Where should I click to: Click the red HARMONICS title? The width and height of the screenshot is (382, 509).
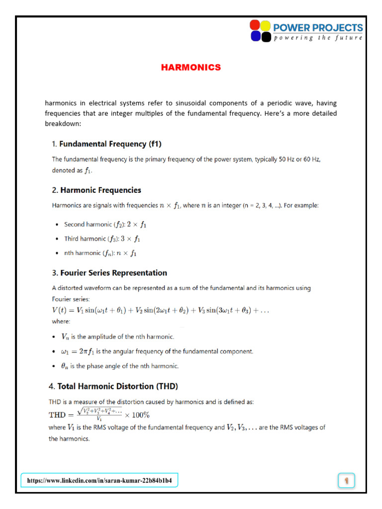pyautogui.click(x=191, y=68)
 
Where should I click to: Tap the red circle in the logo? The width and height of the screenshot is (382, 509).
pyautogui.click(x=255, y=25)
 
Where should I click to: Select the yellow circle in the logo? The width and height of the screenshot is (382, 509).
pyautogui.click(x=266, y=25)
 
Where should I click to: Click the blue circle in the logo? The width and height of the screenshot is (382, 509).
pyautogui.click(x=255, y=36)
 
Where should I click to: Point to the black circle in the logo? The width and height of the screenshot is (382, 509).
pyautogui.click(x=266, y=36)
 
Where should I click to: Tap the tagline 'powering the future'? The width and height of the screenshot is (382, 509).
pyautogui.click(x=318, y=38)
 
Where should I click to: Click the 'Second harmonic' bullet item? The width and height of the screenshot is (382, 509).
pyautogui.click(x=105, y=225)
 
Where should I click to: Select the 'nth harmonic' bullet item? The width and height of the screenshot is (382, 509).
pyautogui.click(x=100, y=253)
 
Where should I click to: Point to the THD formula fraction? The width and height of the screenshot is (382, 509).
pyautogui.click(x=100, y=414)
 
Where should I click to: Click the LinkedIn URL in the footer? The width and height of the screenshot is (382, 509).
pyautogui.click(x=99, y=481)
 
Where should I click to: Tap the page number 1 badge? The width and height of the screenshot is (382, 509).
pyautogui.click(x=346, y=481)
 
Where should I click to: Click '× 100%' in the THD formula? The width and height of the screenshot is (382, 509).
pyautogui.click(x=137, y=415)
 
